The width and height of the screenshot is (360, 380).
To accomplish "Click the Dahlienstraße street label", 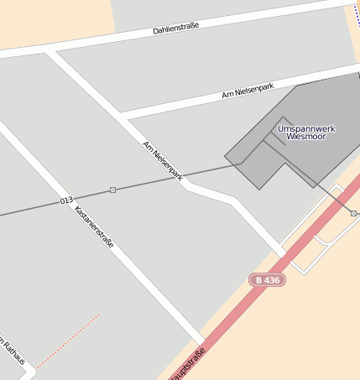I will click(x=175, y=29).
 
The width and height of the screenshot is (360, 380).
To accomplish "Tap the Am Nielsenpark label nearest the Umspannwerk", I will click(x=248, y=91).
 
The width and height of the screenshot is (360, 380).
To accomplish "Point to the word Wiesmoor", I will click(x=305, y=136).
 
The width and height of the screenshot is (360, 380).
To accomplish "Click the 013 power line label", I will click(x=66, y=200).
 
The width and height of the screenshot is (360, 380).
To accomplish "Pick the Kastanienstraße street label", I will click(x=94, y=227).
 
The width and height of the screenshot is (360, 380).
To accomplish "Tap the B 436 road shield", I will click(x=267, y=279).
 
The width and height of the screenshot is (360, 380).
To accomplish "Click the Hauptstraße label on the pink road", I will click(x=188, y=363).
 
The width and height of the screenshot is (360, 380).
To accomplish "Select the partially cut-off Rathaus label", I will click(x=12, y=352).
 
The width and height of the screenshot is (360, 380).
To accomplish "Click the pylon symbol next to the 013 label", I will click(x=112, y=190).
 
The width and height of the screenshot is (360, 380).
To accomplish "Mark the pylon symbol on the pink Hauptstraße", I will click(x=353, y=213).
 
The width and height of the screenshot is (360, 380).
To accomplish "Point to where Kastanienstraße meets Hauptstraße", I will click(x=201, y=342).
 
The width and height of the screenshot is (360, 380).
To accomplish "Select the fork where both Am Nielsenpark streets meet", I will click(x=123, y=117).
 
